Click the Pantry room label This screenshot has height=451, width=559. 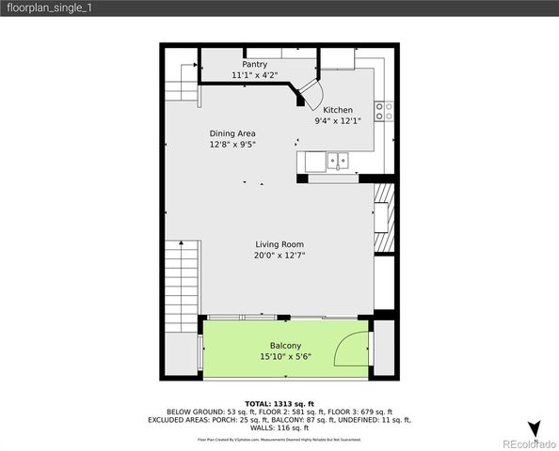click(254, 65)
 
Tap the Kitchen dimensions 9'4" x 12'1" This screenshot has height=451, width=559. click(336, 121)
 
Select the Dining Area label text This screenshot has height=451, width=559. click(232, 133)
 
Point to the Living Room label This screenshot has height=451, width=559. click(279, 244)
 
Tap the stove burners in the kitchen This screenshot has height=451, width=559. click(384, 112)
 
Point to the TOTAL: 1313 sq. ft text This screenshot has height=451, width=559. click(279, 403)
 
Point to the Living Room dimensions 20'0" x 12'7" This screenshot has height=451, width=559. click(279, 256)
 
